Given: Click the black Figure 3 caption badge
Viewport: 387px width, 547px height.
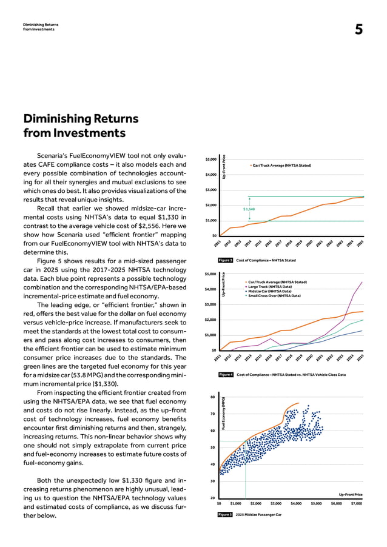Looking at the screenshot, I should coord(225,260).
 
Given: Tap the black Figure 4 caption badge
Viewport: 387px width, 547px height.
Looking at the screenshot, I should coord(225,375).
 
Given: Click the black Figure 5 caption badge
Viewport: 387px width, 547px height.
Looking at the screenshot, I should coord(225,514).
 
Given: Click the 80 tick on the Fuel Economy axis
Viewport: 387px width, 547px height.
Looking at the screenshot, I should coord(212,397).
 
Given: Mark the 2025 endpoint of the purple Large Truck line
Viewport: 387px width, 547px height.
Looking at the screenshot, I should coord(363,282).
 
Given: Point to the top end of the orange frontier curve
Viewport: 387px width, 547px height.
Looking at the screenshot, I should coord(298,403).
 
